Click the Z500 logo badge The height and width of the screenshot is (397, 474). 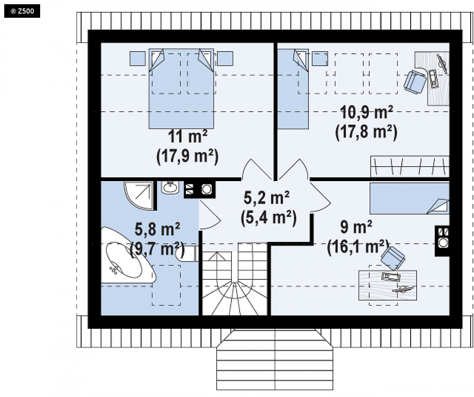pyautogui.click(x=22, y=11)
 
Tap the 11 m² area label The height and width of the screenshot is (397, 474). pyautogui.click(x=188, y=137)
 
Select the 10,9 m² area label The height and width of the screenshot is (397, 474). pyautogui.click(x=366, y=112)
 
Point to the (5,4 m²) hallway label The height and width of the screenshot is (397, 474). pyautogui.click(x=268, y=218)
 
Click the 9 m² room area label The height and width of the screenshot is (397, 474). pyautogui.click(x=356, y=227)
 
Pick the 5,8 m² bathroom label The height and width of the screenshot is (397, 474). pyautogui.click(x=157, y=229)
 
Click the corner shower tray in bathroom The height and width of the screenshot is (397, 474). pyautogui.click(x=139, y=195)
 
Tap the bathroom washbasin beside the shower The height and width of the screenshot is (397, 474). pyautogui.click(x=170, y=188)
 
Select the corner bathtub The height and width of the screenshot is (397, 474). pyautogui.click(x=128, y=255)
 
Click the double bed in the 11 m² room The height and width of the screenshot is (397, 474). pyautogui.click(x=181, y=88)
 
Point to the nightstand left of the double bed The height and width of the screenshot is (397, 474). pyautogui.click(x=138, y=58)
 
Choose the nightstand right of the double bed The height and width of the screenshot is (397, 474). pyautogui.click(x=225, y=58)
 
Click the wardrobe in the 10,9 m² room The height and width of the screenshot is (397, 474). pyautogui.click(x=410, y=166)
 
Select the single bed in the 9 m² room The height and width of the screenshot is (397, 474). pyautogui.click(x=410, y=198)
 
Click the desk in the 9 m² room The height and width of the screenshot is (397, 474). pyautogui.click(x=387, y=285)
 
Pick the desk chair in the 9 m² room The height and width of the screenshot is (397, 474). pyautogui.click(x=393, y=258)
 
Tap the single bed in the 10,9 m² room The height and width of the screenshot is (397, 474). pyautogui.click(x=293, y=89)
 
